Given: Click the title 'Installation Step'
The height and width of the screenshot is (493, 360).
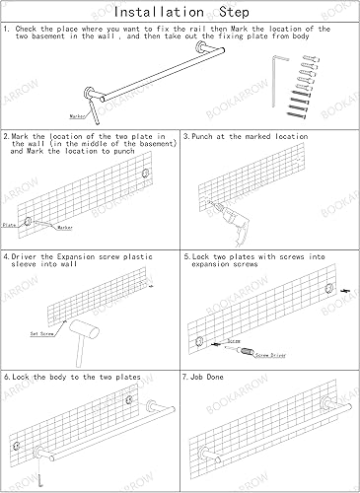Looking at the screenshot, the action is [180, 12].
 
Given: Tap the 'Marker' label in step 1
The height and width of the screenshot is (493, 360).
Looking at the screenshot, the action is [77, 116].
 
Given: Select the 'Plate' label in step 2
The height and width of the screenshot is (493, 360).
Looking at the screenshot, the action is [9, 225].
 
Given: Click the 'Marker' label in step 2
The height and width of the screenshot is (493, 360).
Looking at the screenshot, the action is [65, 228].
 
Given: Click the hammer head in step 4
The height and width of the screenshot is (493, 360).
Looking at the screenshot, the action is [84, 329].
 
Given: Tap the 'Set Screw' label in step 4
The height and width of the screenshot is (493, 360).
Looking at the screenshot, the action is [41, 334].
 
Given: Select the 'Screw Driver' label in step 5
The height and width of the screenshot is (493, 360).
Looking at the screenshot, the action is [270, 355].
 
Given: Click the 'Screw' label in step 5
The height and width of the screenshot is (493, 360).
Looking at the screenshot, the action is [234, 341].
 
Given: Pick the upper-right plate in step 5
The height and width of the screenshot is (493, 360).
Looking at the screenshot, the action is [329, 288].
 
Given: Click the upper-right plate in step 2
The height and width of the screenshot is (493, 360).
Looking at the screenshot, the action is [145, 174].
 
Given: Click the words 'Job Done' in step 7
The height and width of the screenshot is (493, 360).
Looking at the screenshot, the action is [207, 377].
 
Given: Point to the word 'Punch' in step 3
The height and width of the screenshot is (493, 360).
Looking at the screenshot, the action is [202, 136].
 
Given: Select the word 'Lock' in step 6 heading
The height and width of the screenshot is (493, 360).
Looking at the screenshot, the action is [21, 377].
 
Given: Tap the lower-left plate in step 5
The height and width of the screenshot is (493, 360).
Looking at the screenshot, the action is [199, 342].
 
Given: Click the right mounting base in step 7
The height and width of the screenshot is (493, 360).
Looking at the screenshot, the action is [327, 403].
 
